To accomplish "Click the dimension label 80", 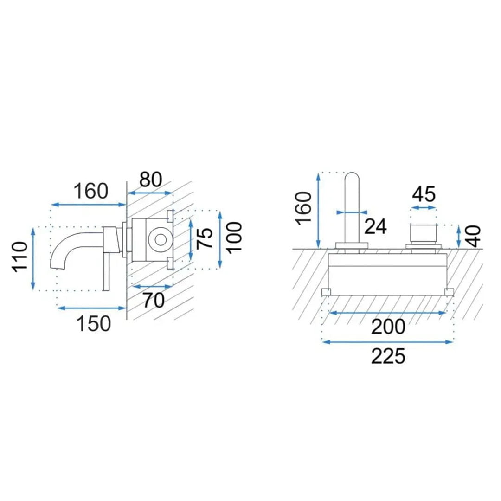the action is coord(151,180).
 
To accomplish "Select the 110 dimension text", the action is coord(20,257).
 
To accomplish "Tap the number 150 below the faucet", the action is coord(94,323).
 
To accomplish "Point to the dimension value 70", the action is coord(154,300).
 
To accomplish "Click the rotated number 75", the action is coord(205,238).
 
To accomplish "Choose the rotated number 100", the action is coord(234,238).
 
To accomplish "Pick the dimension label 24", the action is coord(376,226).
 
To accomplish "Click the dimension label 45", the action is coord(424,194).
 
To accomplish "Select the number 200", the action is coord(388,327).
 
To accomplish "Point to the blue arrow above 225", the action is coord(388,342).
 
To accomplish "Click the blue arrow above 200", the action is coord(387,313).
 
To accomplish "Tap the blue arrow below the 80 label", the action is coord(150,193).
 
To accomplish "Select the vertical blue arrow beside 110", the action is coord(33,258).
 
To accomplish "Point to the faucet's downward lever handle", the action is coord(106,271).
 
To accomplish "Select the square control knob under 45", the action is coord(424,234).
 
